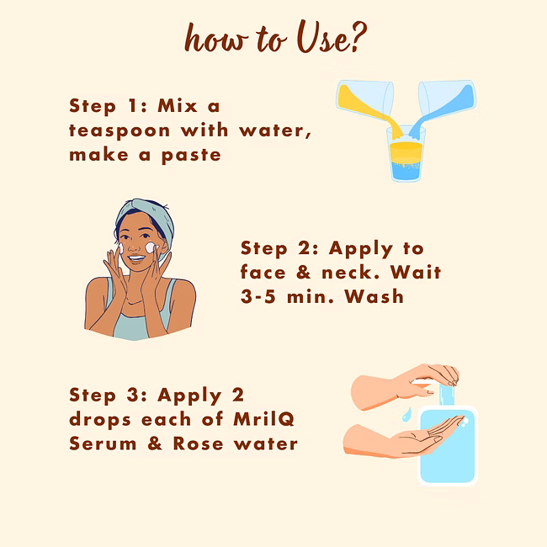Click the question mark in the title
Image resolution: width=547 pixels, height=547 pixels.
tap(358, 37)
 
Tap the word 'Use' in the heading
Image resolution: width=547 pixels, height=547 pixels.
tap(322, 37)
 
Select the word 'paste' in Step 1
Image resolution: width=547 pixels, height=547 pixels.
tap(191, 156)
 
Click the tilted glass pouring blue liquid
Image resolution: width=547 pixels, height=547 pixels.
tap(448, 99)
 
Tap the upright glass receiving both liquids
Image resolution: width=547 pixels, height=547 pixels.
tap(406, 153)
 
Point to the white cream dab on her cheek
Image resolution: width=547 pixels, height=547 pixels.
tap(151, 247)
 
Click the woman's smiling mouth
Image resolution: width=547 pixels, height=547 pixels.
tap(135, 259)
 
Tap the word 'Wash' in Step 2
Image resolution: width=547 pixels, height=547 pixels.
tap(374, 296)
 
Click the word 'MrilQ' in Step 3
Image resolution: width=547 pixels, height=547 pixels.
tap(263, 419)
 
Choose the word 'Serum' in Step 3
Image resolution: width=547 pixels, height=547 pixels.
tap(103, 443)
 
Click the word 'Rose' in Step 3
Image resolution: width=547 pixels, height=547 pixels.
tap(198, 443)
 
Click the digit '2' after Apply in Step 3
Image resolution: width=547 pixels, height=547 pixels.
tap(237, 395)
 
